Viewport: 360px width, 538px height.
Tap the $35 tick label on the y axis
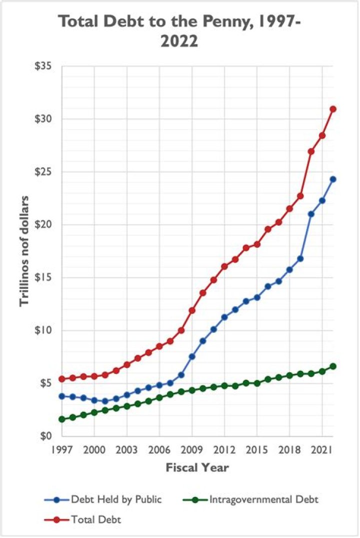(x=46, y=67)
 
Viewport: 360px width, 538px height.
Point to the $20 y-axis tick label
(x=46, y=225)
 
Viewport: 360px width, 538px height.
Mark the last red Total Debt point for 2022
(x=333, y=109)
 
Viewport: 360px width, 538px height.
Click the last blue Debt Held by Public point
(x=333, y=179)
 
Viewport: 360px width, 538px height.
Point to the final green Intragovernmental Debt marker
(x=333, y=366)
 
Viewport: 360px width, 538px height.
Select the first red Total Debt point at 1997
(x=61, y=379)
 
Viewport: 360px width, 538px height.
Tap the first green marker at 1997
(x=61, y=419)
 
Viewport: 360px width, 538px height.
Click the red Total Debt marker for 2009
(x=192, y=310)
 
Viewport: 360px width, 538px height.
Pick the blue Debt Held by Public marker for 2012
(x=224, y=317)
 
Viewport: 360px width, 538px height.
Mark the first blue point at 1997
(x=61, y=396)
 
